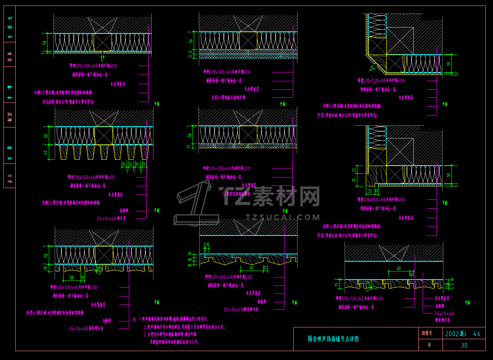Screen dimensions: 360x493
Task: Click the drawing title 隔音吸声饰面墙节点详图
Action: coord(333,339)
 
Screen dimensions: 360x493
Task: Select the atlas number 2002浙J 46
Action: coord(463,334)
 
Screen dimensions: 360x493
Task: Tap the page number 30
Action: coord(464,345)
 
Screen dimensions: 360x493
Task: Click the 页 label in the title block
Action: coord(429,345)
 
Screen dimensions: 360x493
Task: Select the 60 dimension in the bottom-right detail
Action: coord(398,269)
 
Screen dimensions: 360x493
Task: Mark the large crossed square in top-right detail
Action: coord(400,41)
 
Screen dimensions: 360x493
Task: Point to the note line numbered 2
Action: coord(184,327)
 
